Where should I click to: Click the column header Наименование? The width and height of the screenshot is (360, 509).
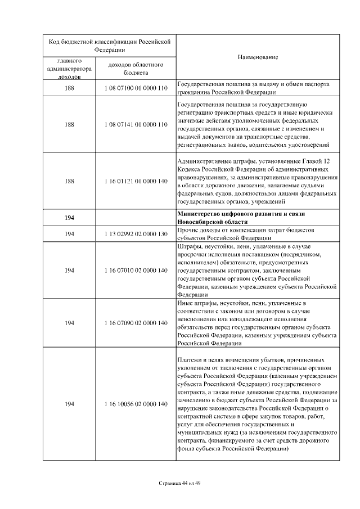(x=258, y=57)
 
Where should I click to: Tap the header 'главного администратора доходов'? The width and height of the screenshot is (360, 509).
(x=70, y=69)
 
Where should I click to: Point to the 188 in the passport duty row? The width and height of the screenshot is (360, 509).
(x=70, y=88)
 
